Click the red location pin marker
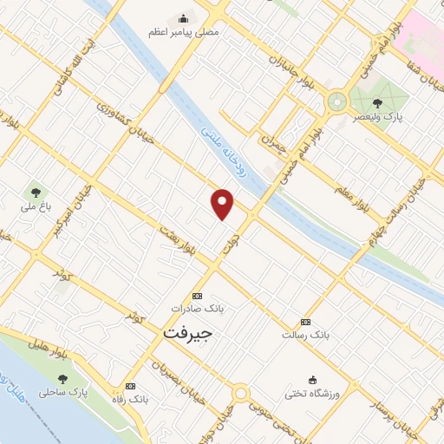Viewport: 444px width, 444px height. tap(223, 204)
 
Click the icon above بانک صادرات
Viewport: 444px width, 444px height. tap(196, 296)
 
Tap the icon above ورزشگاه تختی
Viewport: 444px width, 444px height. tap(312, 380)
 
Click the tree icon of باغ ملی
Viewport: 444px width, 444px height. tap(36, 191)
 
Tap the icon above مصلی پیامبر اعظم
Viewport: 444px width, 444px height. tap(183, 17)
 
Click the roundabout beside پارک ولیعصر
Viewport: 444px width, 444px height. tap(335, 102)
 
